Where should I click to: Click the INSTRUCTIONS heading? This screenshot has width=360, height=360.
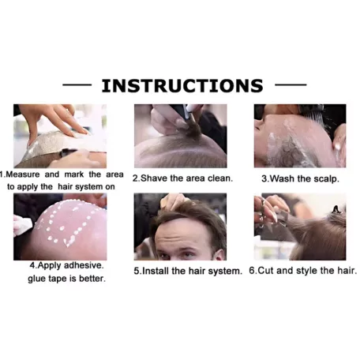point(182,85)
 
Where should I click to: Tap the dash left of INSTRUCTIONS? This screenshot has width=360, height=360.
point(77,84)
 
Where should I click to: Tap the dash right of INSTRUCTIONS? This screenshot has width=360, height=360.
point(291,84)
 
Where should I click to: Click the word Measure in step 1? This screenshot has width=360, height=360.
point(23,174)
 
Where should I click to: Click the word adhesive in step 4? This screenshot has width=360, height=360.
point(84,265)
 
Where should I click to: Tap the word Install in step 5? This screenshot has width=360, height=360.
point(156,271)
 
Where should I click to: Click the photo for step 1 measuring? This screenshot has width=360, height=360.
point(60,136)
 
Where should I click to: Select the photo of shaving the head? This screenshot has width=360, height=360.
point(181,136)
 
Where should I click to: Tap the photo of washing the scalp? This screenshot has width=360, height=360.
point(300,136)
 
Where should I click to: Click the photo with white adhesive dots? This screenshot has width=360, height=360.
point(60,227)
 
